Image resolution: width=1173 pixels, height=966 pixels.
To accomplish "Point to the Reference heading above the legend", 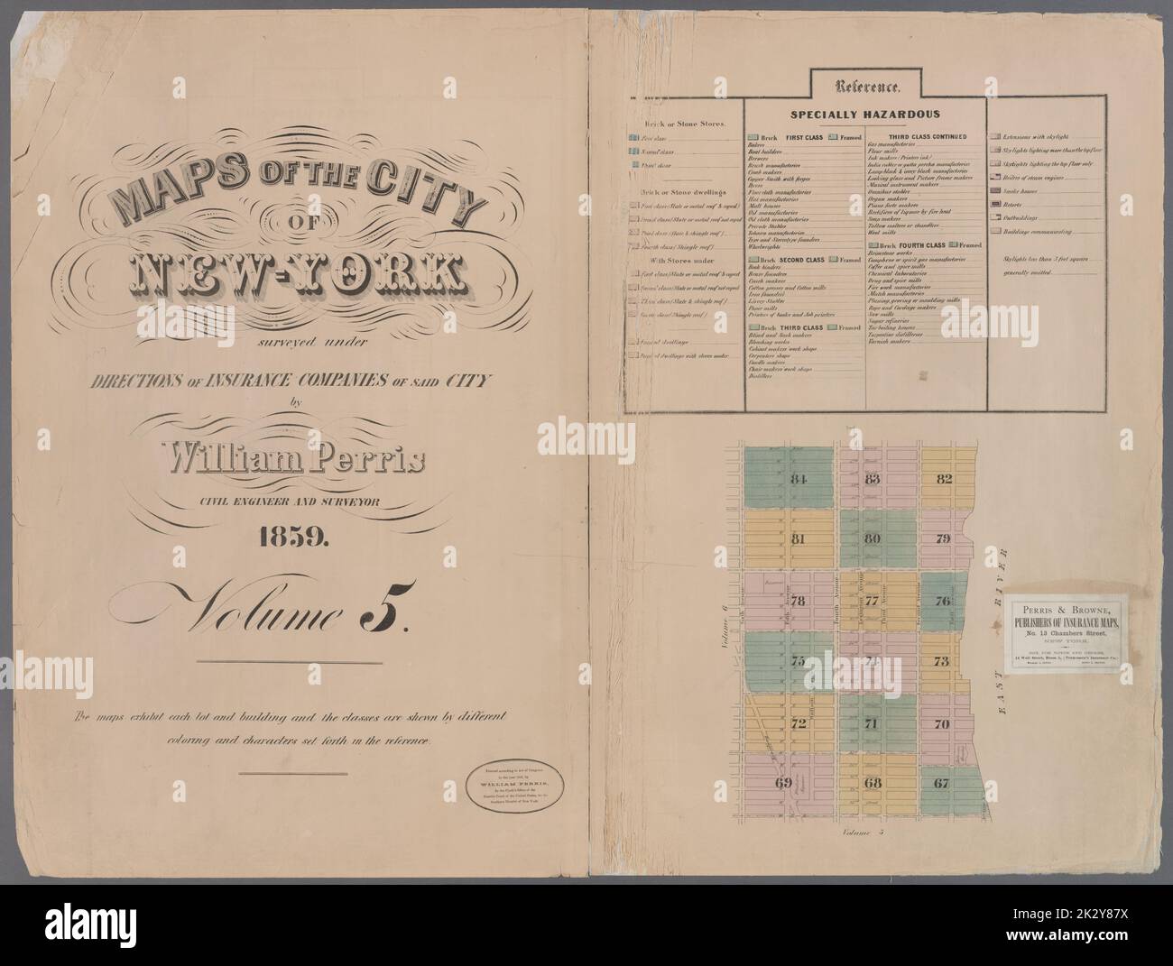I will pos(867,87).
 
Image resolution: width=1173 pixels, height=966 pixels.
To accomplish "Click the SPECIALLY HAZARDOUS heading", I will pos(865,115).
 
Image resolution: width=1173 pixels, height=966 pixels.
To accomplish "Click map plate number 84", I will pos(797,478).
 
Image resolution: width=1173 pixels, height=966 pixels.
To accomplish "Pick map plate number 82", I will pos(944,478).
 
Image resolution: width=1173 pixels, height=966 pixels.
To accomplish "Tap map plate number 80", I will pos(872,539).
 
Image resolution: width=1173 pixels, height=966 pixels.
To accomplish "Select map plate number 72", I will pos(798,723).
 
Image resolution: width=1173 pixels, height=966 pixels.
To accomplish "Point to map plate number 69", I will pos(782,783).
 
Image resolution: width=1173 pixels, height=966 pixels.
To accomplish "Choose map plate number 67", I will pos(941,783).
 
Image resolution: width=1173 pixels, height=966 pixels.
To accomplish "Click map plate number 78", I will pos(798,601).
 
